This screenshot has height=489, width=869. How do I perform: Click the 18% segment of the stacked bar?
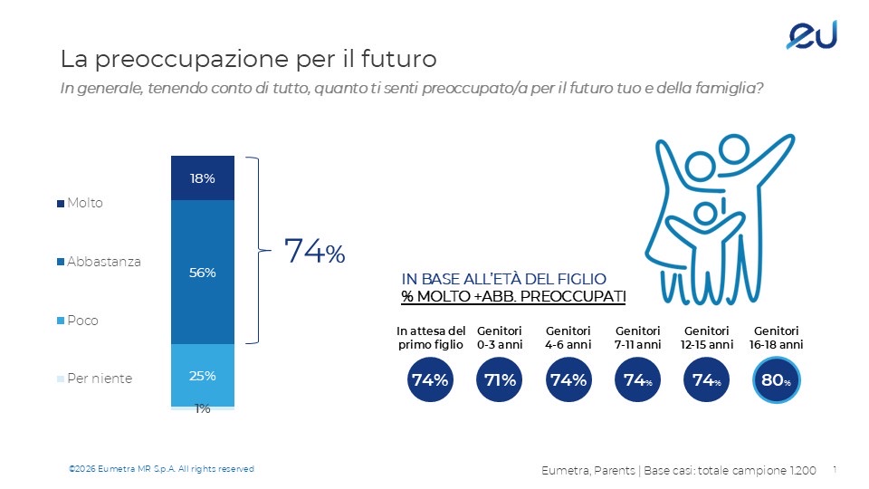pyautogui.click(x=203, y=178)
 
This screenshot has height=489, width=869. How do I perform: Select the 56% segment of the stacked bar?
pyautogui.click(x=203, y=272)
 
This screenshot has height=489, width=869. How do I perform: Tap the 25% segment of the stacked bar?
pyautogui.click(x=203, y=375)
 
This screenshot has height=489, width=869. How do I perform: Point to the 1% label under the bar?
pyautogui.click(x=203, y=409)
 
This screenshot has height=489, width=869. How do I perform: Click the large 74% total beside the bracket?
pyautogui.click(x=314, y=252)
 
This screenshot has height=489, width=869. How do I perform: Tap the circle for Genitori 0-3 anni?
pyautogui.click(x=499, y=380)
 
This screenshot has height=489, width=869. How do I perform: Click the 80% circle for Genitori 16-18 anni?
pyautogui.click(x=775, y=380)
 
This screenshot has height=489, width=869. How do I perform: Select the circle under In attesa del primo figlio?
pyautogui.click(x=430, y=380)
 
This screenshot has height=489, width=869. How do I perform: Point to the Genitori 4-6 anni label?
pyautogui.click(x=568, y=338)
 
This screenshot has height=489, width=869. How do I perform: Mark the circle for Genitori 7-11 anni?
pyautogui.click(x=637, y=380)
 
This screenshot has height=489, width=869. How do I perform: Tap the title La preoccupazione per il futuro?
pyautogui.click(x=248, y=60)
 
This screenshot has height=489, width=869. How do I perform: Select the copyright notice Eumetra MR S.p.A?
pyautogui.click(x=162, y=468)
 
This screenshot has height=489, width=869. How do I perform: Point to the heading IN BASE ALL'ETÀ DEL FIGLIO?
pyautogui.click(x=503, y=279)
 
